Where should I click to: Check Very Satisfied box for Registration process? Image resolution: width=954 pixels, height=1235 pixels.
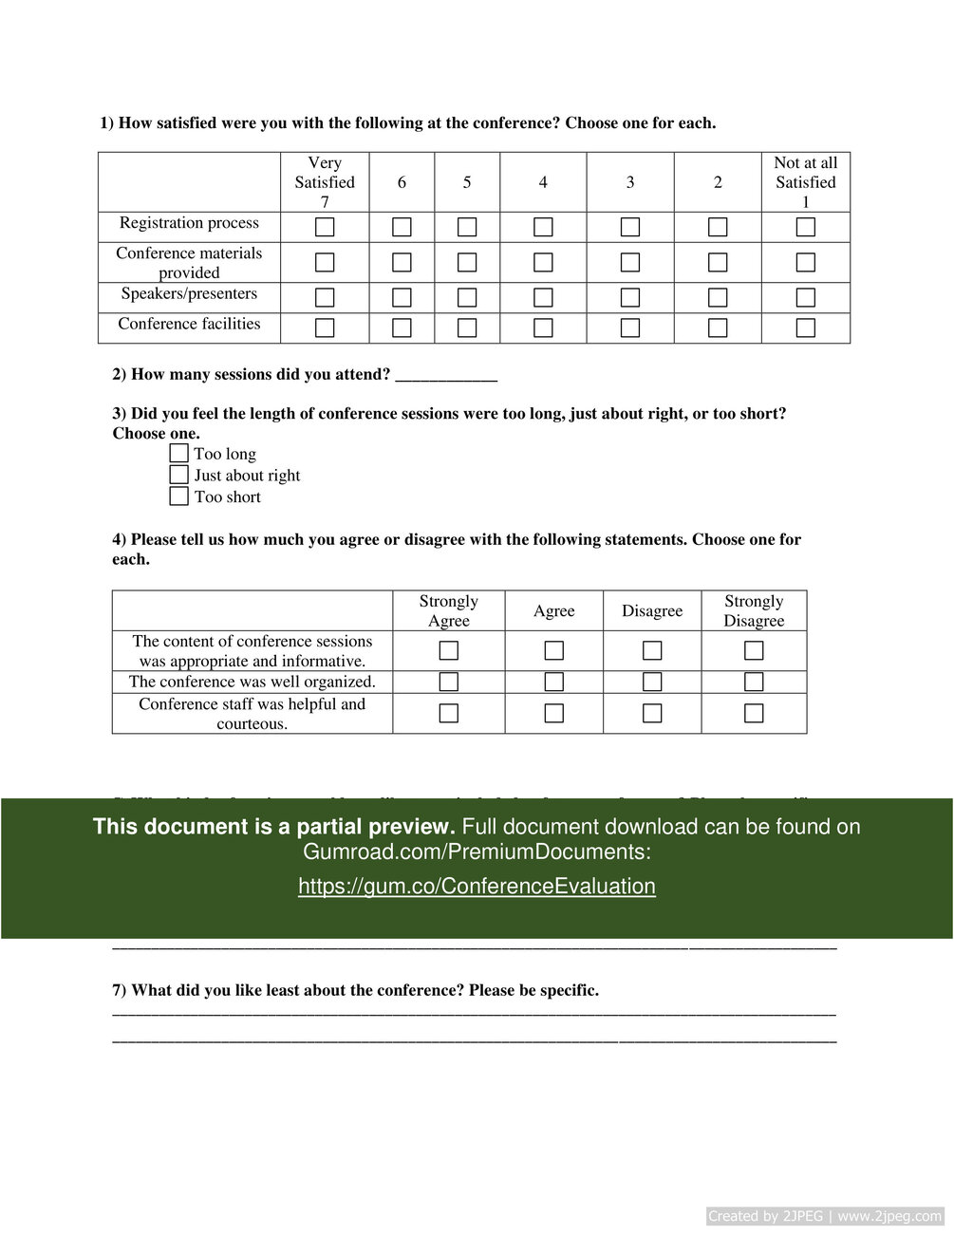pyautogui.click(x=325, y=227)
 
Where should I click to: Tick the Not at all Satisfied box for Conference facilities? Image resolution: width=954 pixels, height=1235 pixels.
pyautogui.click(x=806, y=327)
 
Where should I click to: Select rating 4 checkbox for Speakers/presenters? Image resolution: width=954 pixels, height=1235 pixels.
pyautogui.click(x=543, y=297)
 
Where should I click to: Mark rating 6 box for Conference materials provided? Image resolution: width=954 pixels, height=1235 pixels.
pyautogui.click(x=402, y=262)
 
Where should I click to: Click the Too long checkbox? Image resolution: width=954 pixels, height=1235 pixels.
pyautogui.click(x=179, y=453)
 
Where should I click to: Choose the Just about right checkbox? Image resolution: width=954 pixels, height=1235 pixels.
pyautogui.click(x=179, y=475)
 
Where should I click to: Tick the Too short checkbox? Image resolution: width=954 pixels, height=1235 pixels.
pyautogui.click(x=179, y=496)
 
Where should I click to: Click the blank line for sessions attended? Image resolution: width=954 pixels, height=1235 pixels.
pyautogui.click(x=446, y=377)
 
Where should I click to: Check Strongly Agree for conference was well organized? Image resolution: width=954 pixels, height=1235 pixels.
pyautogui.click(x=449, y=682)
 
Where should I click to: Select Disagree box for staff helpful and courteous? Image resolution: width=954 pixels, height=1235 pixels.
pyautogui.click(x=652, y=713)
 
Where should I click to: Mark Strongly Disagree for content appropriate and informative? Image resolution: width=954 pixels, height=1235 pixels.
pyautogui.click(x=754, y=650)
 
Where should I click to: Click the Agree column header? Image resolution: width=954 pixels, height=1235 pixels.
pyautogui.click(x=554, y=611)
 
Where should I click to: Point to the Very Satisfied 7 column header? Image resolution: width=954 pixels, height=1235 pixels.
pyautogui.click(x=325, y=182)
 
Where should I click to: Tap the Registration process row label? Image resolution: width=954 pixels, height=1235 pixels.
pyautogui.click(x=189, y=223)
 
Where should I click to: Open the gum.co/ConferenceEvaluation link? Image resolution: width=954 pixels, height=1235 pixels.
pyautogui.click(x=477, y=887)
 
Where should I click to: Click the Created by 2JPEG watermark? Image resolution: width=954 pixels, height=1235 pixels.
pyautogui.click(x=825, y=1216)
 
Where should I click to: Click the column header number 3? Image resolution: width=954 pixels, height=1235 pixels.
pyautogui.click(x=630, y=182)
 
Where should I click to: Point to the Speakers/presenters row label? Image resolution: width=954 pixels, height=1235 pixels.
pyautogui.click(x=189, y=294)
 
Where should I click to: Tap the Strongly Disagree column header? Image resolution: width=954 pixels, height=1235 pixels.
pyautogui.click(x=754, y=611)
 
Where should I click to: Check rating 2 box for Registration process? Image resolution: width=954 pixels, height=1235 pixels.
pyautogui.click(x=718, y=227)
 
